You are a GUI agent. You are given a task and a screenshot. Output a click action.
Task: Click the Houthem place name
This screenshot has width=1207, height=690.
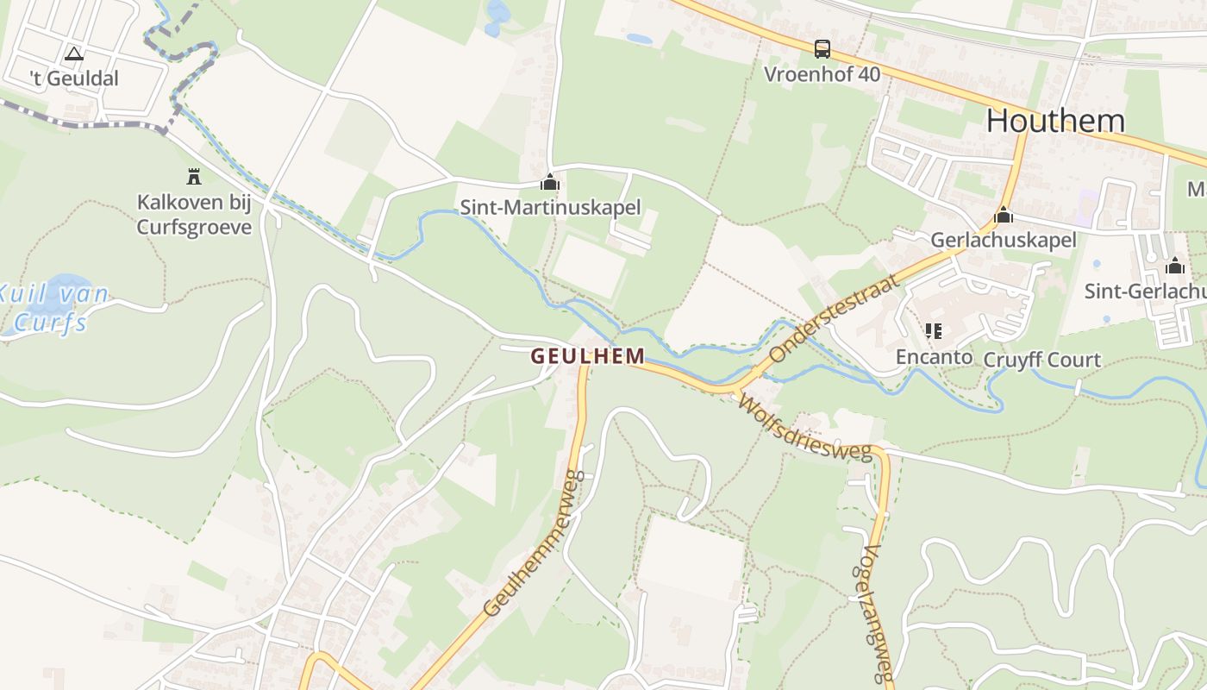1055,121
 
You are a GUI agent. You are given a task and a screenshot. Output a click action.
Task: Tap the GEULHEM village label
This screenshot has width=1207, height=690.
588,355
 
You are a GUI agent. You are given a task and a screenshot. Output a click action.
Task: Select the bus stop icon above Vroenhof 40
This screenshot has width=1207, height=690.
822,49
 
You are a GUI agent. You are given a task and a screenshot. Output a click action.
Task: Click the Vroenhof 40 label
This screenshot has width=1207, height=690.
822,74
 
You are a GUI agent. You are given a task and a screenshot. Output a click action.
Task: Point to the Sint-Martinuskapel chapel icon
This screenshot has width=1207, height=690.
550,183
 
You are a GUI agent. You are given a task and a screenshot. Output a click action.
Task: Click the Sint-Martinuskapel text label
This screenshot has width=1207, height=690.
550,207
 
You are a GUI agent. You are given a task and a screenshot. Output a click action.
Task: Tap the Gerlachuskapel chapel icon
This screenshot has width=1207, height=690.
1003,216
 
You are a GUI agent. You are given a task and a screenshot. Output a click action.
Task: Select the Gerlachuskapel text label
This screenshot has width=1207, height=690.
1003,240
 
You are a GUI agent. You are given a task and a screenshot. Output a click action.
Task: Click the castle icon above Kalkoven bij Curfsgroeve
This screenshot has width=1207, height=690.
194,177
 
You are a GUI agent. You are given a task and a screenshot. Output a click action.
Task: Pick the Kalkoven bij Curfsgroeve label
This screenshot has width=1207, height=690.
194,215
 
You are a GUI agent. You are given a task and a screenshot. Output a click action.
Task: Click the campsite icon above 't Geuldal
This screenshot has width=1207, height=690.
74,54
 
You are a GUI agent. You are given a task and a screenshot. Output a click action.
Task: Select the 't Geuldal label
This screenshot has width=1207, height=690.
74,78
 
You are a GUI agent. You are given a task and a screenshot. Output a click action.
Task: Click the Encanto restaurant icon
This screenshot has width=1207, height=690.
933,331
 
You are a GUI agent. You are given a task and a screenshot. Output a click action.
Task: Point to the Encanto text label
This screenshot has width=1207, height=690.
933,356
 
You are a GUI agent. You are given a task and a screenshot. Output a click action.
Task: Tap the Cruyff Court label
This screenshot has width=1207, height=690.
1042,360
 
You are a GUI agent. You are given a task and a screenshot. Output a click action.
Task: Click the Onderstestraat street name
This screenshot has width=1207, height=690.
834,317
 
